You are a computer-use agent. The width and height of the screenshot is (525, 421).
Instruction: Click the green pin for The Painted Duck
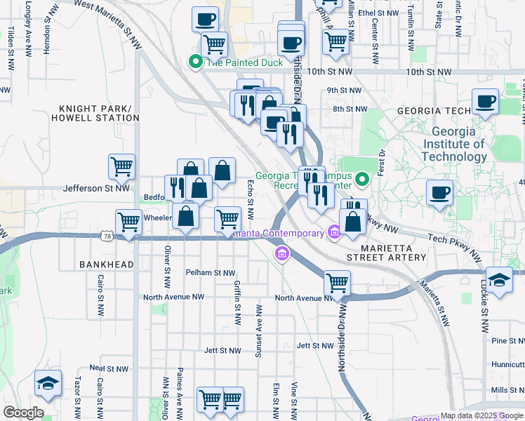[196, 62]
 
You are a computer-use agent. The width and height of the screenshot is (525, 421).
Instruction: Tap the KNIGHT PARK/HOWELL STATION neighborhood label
[99, 113]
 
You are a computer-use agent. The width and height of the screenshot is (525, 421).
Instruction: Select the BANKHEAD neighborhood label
[106, 264]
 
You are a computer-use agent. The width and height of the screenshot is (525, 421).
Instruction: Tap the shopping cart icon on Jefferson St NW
[121, 167]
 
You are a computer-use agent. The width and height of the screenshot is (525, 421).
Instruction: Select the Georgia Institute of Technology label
[458, 145]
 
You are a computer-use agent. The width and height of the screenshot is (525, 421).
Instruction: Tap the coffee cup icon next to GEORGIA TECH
[485, 102]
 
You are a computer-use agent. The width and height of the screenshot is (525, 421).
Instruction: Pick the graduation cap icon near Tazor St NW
[48, 383]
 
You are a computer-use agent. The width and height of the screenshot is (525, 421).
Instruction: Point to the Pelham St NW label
[210, 272]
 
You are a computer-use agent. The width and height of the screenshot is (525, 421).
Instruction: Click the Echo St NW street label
[251, 198]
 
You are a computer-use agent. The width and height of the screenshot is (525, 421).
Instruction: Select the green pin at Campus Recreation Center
[362, 180]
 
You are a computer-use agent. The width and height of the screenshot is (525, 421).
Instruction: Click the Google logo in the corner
[23, 413]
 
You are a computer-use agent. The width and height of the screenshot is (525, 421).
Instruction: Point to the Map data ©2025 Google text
[481, 415]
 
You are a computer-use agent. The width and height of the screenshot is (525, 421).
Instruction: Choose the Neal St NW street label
[109, 368]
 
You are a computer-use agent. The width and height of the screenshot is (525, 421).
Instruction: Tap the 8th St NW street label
[350, 109]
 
